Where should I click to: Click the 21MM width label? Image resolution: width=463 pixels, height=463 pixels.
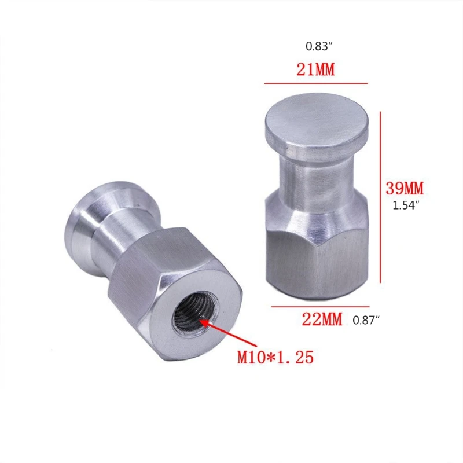316,71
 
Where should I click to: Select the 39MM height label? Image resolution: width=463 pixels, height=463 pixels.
405,188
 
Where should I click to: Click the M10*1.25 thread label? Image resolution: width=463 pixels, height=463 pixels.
275,357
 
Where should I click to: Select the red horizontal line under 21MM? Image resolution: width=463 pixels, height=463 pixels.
316,84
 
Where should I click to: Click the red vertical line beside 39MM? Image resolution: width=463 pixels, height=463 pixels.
380,197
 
